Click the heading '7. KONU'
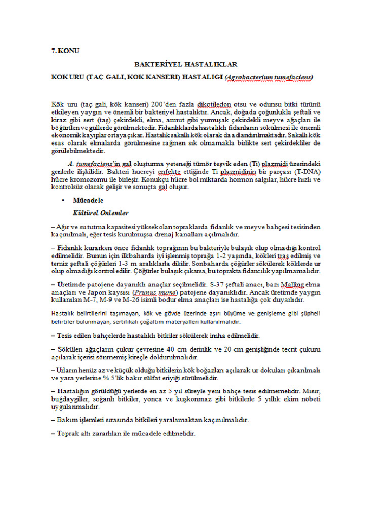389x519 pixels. [x=65, y=51]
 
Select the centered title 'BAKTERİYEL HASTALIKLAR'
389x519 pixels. [x=185, y=65]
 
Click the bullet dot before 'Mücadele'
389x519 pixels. [x=61, y=201]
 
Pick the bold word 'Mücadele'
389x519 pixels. [x=88, y=201]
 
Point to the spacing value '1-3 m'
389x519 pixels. [x=141, y=264]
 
